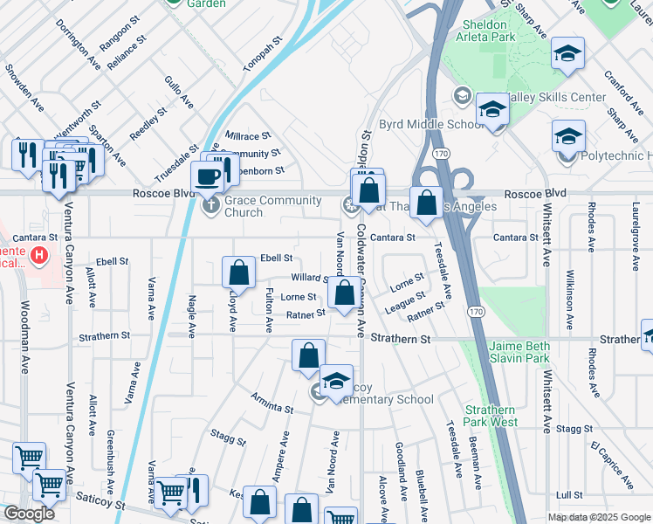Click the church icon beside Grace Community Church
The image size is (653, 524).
click(x=210, y=207)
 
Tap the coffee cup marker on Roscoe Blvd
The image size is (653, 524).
click(x=208, y=176)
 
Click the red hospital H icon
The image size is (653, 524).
click(x=38, y=255)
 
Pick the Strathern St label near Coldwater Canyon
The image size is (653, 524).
click(x=401, y=338)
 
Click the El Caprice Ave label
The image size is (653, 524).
click(x=611, y=465)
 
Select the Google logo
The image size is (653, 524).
click(x=29, y=514)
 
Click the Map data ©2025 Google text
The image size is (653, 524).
click(x=599, y=517)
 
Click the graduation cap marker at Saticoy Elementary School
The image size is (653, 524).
click(x=336, y=381)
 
